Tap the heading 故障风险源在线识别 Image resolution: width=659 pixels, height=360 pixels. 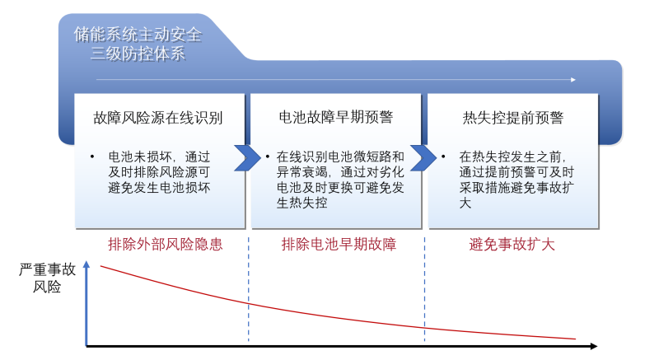158,117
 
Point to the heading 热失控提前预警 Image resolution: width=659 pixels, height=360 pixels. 513,117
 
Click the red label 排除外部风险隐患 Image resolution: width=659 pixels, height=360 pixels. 166,245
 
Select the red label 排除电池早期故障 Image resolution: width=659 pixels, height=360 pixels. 339,245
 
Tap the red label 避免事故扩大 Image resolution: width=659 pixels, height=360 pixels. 512,245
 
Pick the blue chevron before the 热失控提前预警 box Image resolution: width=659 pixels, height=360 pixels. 423,157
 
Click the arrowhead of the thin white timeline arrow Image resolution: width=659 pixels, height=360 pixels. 573,80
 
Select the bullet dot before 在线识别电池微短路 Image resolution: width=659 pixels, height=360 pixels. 269,156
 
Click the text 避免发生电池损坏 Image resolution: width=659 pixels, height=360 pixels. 160,187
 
